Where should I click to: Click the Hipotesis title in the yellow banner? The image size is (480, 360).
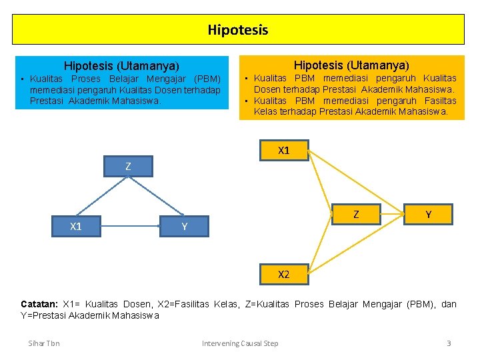point(238,30)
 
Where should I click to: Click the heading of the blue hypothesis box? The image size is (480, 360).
point(121,66)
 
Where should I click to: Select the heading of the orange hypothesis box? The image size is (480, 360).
point(351,65)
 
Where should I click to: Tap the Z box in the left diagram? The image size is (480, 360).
point(128,166)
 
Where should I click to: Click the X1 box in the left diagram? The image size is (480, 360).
point(76,227)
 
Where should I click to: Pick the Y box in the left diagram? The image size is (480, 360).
point(184,227)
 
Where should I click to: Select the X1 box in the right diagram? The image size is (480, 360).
point(283,151)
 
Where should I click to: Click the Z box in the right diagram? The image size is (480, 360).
point(356,214)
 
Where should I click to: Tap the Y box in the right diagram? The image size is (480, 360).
point(428,214)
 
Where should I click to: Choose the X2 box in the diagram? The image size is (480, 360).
point(283,274)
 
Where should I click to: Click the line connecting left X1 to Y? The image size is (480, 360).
point(130,227)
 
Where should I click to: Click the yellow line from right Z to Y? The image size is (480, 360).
point(392,214)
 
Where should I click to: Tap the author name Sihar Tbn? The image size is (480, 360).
point(44,343)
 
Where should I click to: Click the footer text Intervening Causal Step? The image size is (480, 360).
point(240,343)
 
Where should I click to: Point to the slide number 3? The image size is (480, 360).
point(449,343)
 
